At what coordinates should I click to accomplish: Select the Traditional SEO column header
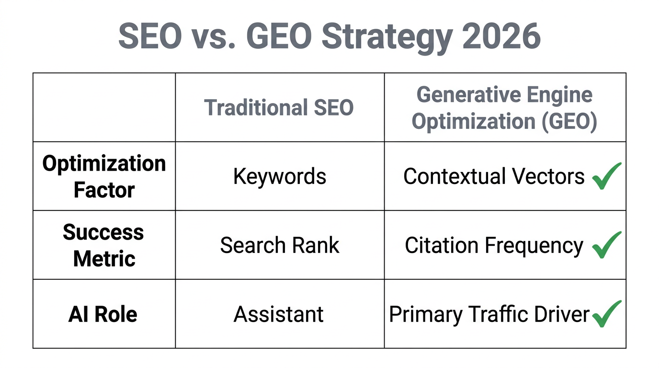coord(279,107)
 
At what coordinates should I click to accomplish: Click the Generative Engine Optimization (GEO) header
coord(505,108)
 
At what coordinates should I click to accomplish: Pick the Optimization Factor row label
coord(104,176)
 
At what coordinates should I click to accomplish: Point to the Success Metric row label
coord(104,245)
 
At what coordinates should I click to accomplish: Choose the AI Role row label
coord(103,314)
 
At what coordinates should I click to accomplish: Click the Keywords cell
coord(280,176)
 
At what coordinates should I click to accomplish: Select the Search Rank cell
coord(280,245)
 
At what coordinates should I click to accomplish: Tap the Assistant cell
coord(279,314)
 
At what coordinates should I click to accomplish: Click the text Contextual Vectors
coord(494,176)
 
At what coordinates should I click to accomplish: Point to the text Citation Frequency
coord(494,245)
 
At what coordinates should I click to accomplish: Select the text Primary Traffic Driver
coord(489,314)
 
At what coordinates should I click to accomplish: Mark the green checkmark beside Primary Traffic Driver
coord(606,314)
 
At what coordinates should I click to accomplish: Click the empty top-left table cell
coord(104,107)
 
